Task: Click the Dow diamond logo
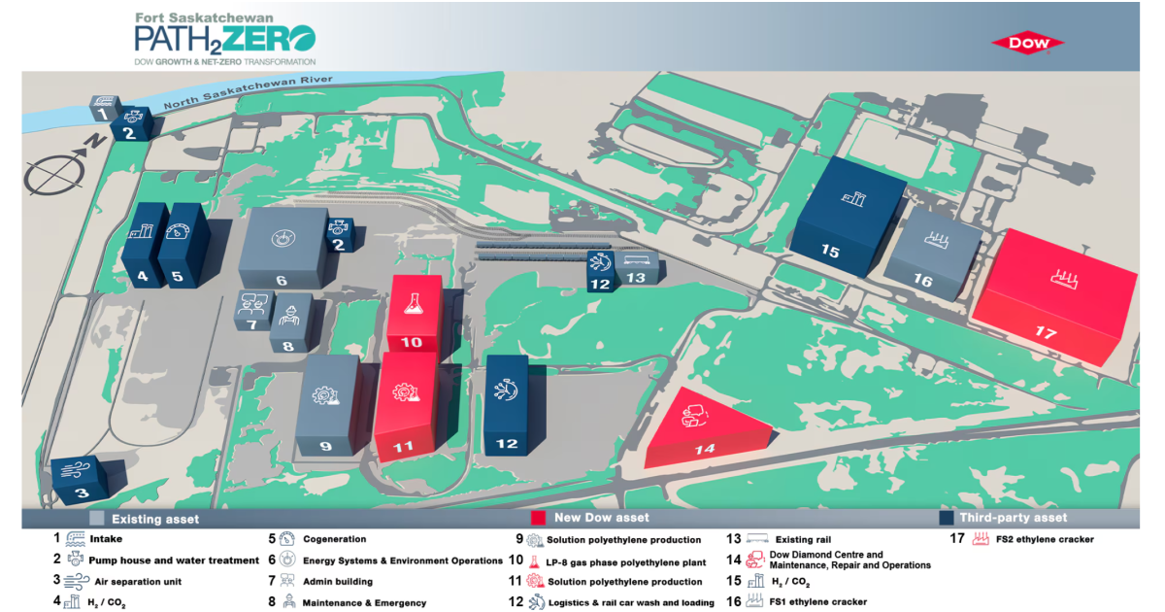(x=1028, y=44)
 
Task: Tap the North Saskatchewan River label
(x=249, y=92)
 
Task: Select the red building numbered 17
(x=1054, y=297)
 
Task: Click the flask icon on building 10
(x=414, y=304)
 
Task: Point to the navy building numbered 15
(x=848, y=216)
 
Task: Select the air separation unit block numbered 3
(x=82, y=479)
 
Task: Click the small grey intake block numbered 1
(x=105, y=108)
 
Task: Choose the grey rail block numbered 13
(x=637, y=268)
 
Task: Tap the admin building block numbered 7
(x=253, y=311)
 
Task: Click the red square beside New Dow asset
(x=538, y=518)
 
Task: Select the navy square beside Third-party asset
(x=946, y=518)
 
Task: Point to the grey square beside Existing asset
(x=97, y=519)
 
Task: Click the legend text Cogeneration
(x=334, y=539)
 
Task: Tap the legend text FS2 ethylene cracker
(x=1045, y=539)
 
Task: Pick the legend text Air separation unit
(x=138, y=581)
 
